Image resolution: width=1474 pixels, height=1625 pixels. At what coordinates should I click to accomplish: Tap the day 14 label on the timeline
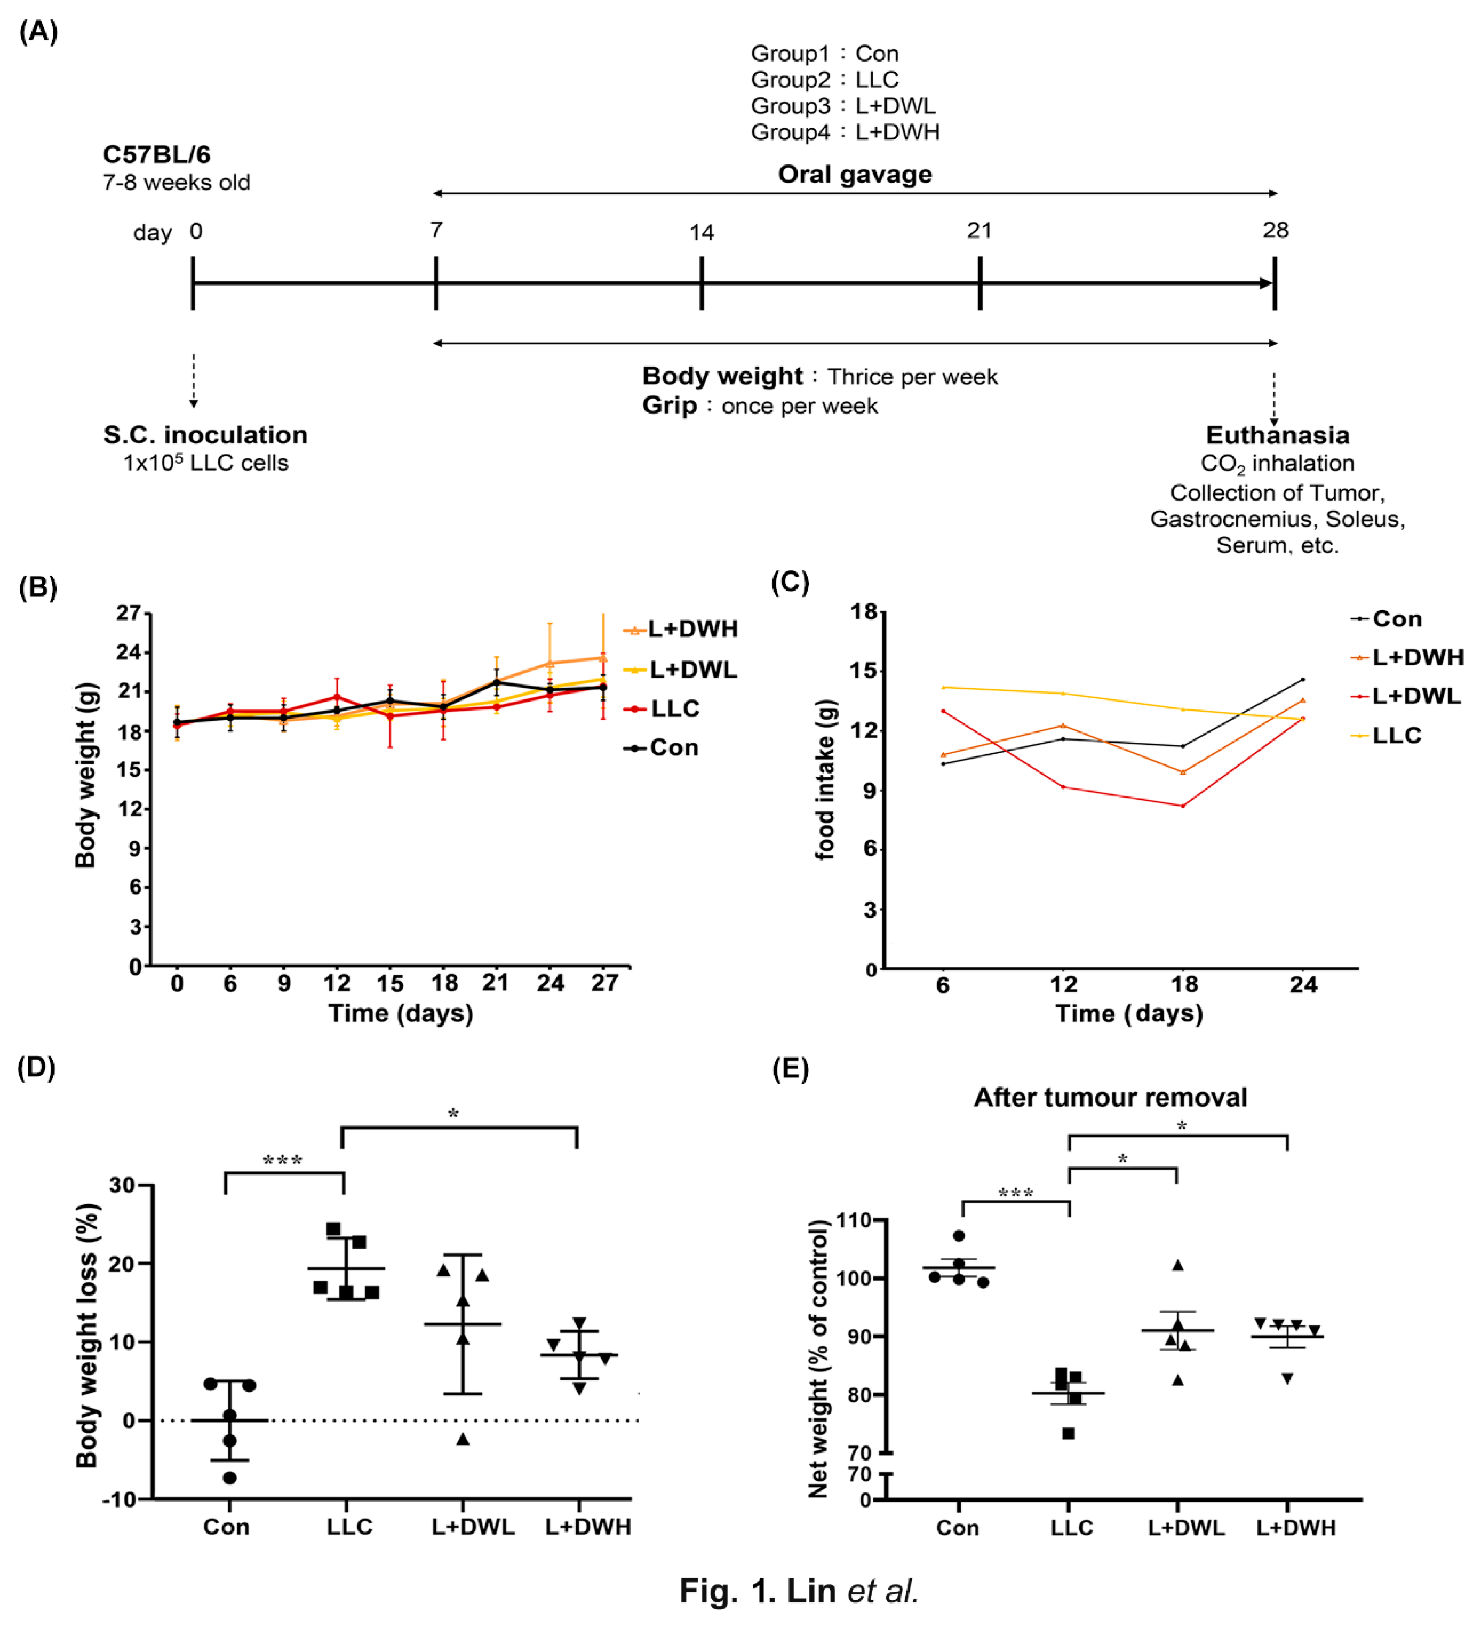(701, 233)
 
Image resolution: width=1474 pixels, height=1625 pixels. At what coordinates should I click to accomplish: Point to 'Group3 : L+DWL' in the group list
(843, 106)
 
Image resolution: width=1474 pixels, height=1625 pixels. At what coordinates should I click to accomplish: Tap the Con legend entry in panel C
(1397, 619)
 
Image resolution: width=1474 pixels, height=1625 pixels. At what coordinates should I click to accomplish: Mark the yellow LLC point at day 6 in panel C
(943, 688)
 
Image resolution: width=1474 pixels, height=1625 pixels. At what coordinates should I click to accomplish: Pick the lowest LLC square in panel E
(1068, 1433)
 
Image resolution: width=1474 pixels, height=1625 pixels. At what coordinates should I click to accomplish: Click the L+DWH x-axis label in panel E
(1295, 1528)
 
